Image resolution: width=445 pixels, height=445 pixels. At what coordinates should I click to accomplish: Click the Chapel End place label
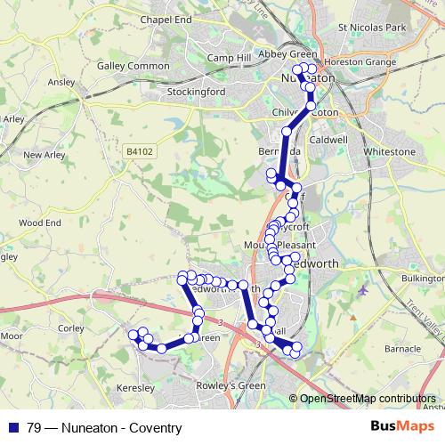click(x=171, y=19)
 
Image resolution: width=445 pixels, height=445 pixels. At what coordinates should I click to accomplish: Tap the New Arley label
click(x=44, y=155)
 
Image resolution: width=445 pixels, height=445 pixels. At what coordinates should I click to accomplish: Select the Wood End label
click(x=39, y=222)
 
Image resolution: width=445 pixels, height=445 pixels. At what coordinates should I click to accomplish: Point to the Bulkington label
click(x=422, y=279)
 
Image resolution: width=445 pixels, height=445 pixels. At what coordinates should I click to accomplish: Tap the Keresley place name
click(x=135, y=390)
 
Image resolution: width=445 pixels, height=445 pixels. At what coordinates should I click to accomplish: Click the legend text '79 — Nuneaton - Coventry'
click(x=104, y=428)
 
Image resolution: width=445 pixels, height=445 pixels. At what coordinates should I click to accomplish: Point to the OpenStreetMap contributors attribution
click(x=367, y=399)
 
